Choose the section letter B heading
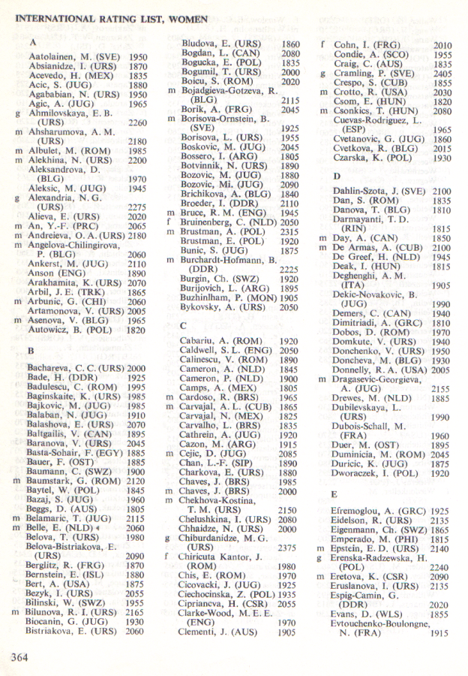(31, 350)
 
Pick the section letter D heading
(337, 175)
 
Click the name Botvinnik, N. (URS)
(223, 165)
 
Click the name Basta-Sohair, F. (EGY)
(74, 454)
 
